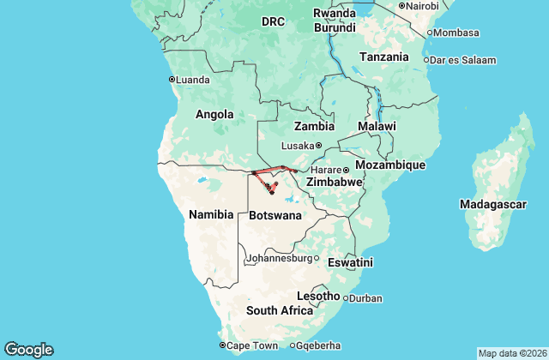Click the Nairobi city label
tap(423, 6)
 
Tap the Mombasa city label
tap(457, 33)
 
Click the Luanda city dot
tap(172, 80)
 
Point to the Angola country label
tap(214, 114)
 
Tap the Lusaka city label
tap(298, 146)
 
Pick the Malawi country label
tap(377, 126)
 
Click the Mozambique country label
tap(390, 164)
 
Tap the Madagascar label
tap(492, 205)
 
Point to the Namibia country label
tap(211, 215)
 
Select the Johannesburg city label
tap(279, 258)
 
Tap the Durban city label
tap(365, 298)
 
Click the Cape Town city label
tap(252, 345)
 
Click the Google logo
tap(28, 350)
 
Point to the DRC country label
tap(273, 21)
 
